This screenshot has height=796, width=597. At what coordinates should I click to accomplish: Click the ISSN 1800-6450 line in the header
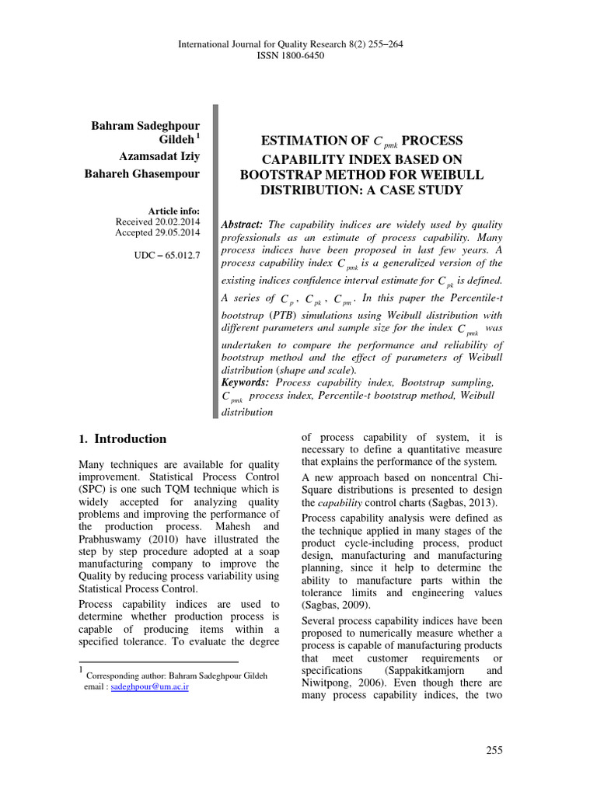point(298,56)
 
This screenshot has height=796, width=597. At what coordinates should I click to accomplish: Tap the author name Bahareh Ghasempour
point(141,173)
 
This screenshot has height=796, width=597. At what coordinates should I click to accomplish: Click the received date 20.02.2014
point(173,222)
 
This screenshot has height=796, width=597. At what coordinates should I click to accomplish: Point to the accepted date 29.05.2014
point(173,232)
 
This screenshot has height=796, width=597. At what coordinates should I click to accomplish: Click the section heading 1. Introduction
point(123,439)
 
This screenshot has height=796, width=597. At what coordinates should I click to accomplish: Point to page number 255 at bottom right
point(494,750)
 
